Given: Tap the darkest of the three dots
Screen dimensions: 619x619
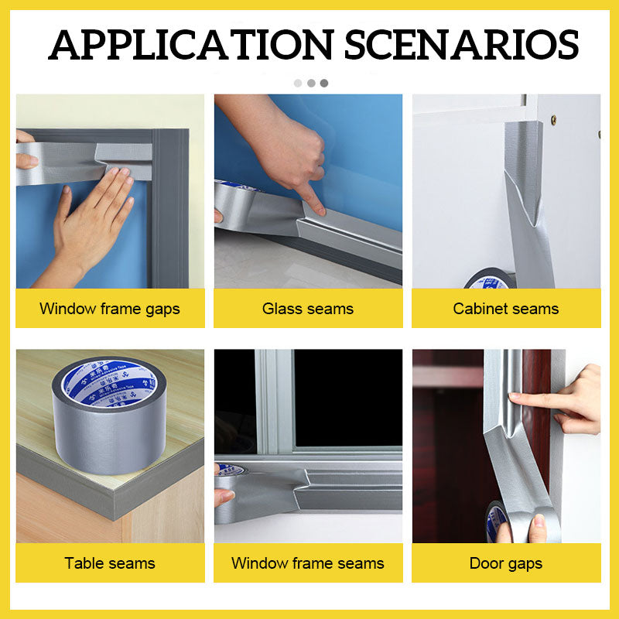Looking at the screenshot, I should tap(324, 83).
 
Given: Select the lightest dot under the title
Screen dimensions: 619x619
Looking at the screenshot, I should tap(298, 83).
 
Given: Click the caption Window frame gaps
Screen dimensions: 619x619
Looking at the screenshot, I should tap(110, 309).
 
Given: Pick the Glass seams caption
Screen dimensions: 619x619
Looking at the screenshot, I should tap(308, 309).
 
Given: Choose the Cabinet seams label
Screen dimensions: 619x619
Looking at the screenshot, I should tap(506, 309).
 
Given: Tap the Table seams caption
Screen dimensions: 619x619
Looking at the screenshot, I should tap(110, 563).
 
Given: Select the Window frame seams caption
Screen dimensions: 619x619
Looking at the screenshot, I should tap(308, 563).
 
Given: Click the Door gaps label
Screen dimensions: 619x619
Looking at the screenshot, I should tap(506, 563).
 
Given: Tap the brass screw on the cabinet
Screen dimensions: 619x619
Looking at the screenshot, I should tap(552, 120).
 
